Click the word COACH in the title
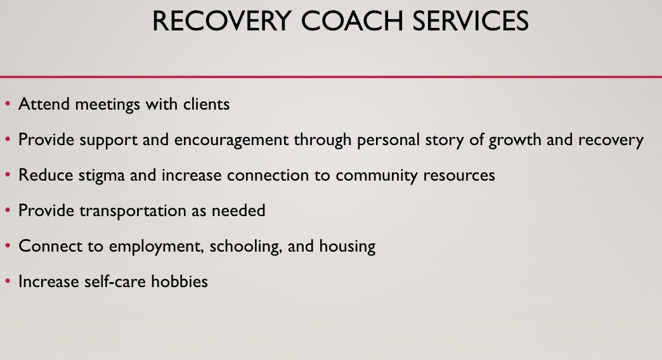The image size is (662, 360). (352, 21)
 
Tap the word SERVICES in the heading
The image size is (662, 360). (471, 21)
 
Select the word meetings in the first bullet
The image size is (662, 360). (107, 105)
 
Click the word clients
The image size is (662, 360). (207, 104)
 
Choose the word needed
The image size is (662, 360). (238, 210)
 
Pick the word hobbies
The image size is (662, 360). (179, 281)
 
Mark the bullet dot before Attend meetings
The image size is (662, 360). (8, 103)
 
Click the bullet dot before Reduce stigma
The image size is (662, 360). (8, 174)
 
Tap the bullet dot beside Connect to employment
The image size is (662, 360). (8, 245)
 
